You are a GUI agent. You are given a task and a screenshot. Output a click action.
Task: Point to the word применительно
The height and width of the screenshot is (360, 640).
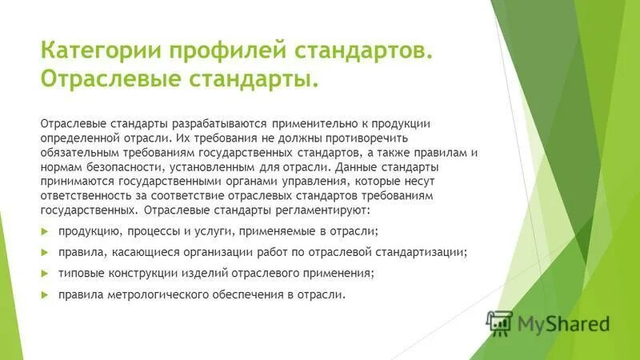coord(312,124)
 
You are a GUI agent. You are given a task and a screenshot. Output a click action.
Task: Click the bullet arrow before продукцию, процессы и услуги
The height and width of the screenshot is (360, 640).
coord(45,232)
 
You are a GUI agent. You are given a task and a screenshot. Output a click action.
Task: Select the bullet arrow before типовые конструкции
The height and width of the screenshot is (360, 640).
coord(45,274)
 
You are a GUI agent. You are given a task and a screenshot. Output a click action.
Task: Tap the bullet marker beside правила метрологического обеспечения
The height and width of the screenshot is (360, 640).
coord(45,294)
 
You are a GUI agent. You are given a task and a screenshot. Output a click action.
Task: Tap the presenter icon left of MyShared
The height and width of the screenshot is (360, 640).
coord(499,322)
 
